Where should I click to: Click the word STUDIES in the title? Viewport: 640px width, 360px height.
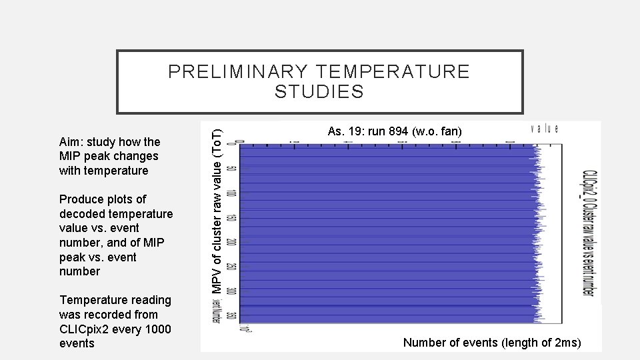tap(319, 92)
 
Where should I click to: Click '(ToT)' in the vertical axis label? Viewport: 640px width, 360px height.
tap(217, 142)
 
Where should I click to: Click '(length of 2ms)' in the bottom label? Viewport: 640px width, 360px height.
tap(541, 343)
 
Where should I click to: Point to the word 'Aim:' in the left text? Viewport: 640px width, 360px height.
tap(72, 141)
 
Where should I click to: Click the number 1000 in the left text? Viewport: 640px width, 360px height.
tap(157, 329)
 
